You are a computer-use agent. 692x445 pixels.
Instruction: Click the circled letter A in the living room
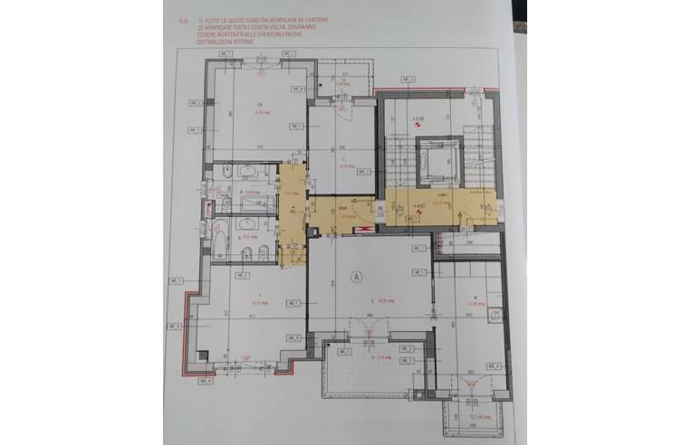point(357,278)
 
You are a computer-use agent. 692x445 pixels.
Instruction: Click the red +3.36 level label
point(418,118)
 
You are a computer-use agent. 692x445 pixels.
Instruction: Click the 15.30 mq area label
point(385,301)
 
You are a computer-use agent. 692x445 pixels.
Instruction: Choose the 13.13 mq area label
point(255,301)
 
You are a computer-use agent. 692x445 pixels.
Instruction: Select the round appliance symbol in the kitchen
point(495,314)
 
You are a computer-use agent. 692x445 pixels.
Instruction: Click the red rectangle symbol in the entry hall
point(365,230)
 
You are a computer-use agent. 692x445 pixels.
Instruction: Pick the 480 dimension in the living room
point(370,316)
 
